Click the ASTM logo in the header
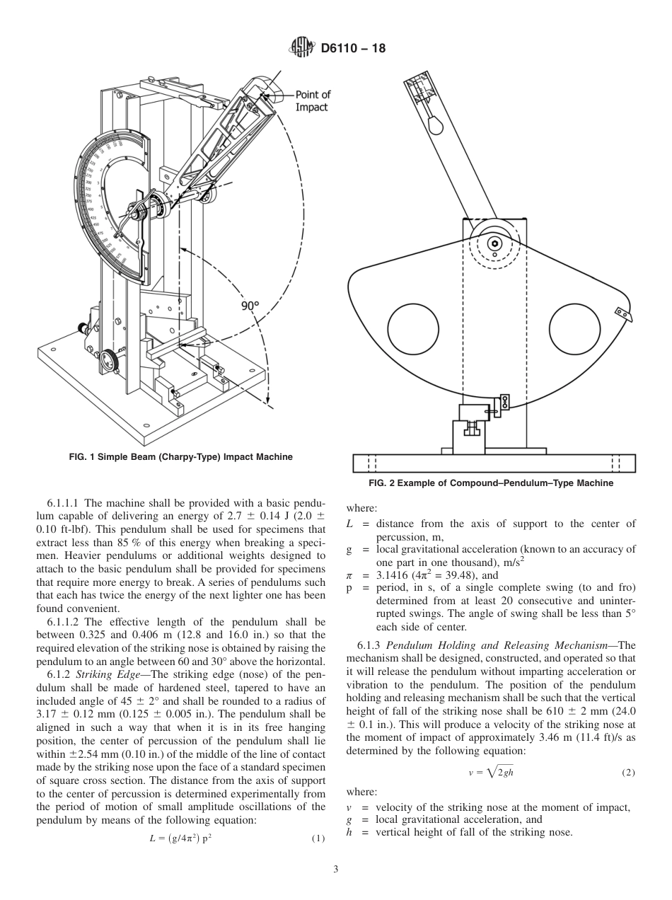(x=300, y=49)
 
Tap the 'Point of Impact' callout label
(x=312, y=100)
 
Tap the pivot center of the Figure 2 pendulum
(x=494, y=243)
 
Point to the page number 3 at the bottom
(x=336, y=869)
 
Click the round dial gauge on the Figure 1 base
(x=108, y=360)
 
